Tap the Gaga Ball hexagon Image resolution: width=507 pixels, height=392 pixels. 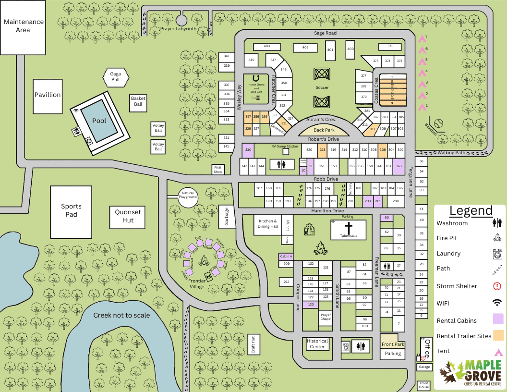pyautogui.click(x=116, y=77)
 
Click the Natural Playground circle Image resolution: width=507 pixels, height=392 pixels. pyautogui.click(x=188, y=196)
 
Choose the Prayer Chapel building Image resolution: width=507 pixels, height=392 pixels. pyautogui.click(x=326, y=318)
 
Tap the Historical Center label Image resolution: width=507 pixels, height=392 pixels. pyautogui.click(x=317, y=343)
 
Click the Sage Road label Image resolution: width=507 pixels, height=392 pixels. pyautogui.click(x=325, y=33)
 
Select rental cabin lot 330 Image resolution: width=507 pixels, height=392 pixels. pyautogui.click(x=248, y=150)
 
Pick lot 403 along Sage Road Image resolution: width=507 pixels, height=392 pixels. pyautogui.click(x=266, y=46)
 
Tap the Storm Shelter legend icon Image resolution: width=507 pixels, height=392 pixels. pyautogui.click(x=497, y=286)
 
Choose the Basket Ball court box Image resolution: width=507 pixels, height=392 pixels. pyautogui.click(x=138, y=101)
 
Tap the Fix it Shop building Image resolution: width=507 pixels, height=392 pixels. pyautogui.click(x=218, y=169)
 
